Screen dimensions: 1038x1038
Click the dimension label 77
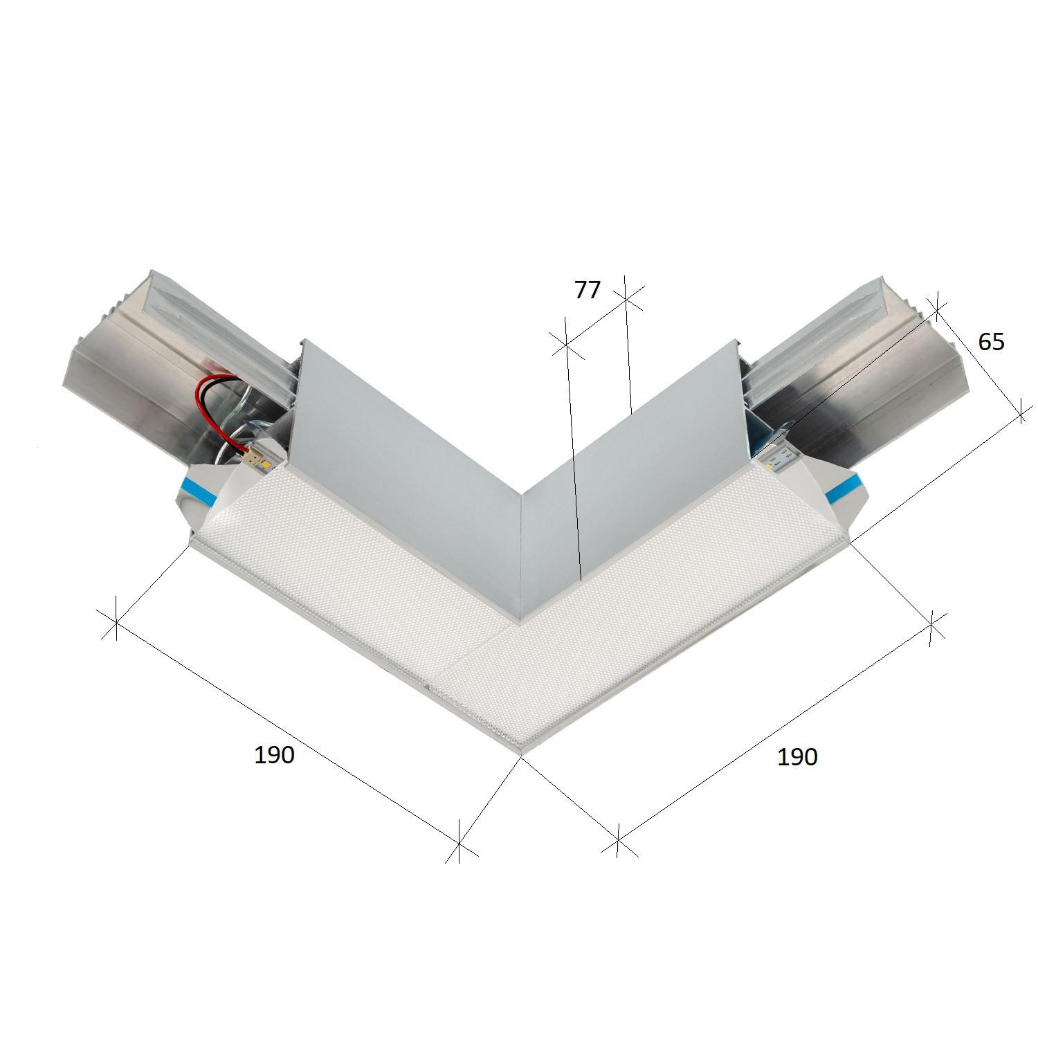coord(587,290)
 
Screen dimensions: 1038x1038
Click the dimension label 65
coord(990,342)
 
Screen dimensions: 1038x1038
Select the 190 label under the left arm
coord(275,755)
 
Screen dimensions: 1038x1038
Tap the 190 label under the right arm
coord(797,757)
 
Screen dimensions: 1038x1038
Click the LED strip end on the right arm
coord(775,457)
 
